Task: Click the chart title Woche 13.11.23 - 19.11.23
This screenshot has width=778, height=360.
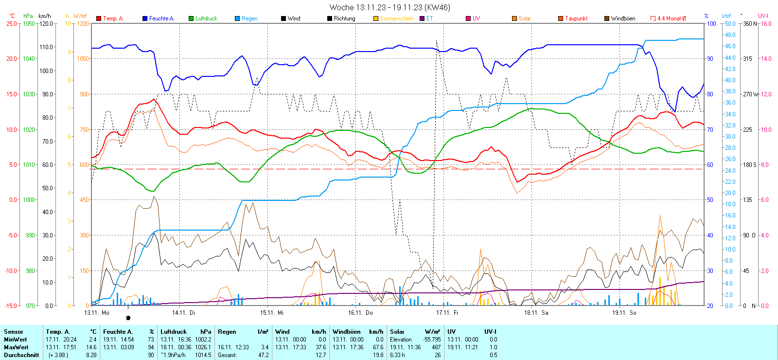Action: pyautogui.click(x=389, y=7)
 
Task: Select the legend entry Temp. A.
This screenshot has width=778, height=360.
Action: pyautogui.click(x=113, y=18)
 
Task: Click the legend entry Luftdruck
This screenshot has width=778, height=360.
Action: pyautogui.click(x=206, y=18)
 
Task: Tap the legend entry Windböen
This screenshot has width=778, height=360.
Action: pyautogui.click(x=623, y=18)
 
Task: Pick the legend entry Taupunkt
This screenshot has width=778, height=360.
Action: pyautogui.click(x=576, y=18)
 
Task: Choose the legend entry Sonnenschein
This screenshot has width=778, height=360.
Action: pyautogui.click(x=396, y=18)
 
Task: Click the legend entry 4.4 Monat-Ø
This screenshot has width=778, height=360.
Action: pyautogui.click(x=672, y=18)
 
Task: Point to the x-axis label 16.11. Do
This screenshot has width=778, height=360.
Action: pyautogui.click(x=360, y=313)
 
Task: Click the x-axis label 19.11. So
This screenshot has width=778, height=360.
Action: pyautogui.click(x=624, y=313)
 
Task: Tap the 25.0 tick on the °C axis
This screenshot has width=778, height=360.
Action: pyautogui.click(x=11, y=23)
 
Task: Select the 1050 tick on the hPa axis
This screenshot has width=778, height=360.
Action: pyautogui.click(x=29, y=23)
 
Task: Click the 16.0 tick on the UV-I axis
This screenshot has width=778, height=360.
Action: pyautogui.click(x=766, y=23)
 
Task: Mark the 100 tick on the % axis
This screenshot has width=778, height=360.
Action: pyautogui.click(x=711, y=23)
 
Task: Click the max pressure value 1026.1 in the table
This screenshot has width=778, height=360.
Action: pyautogui.click(x=203, y=347)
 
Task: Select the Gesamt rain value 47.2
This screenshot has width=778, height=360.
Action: pyautogui.click(x=263, y=355)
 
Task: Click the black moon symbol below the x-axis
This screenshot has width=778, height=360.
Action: pyautogui.click(x=128, y=318)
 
